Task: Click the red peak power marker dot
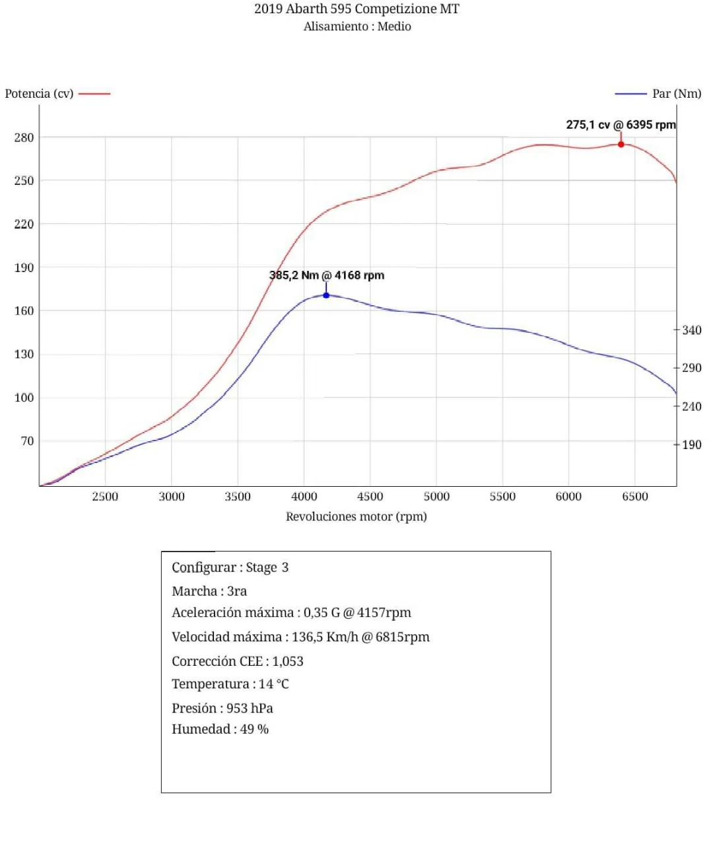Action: pos(621,144)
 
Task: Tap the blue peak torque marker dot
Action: pos(326,295)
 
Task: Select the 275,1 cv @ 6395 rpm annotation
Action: pos(621,125)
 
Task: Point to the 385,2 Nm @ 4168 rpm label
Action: pos(326,275)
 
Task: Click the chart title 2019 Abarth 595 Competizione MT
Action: pos(356,9)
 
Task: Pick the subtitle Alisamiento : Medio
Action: pos(357,26)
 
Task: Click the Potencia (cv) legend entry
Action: pos(40,94)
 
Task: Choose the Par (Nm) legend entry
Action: pos(676,94)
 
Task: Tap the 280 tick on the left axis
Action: pos(24,137)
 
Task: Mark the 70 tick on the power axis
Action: pos(27,441)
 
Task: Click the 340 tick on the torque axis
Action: pos(691,330)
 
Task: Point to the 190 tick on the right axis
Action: pos(691,445)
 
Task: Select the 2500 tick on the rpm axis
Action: pos(105,497)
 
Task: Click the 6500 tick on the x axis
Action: pos(634,497)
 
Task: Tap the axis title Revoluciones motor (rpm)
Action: pos(356,517)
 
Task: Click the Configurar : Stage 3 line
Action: pos(230,567)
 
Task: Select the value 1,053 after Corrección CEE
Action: pos(288,661)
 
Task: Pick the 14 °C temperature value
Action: pos(273,684)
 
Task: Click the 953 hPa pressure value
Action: pos(250,708)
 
